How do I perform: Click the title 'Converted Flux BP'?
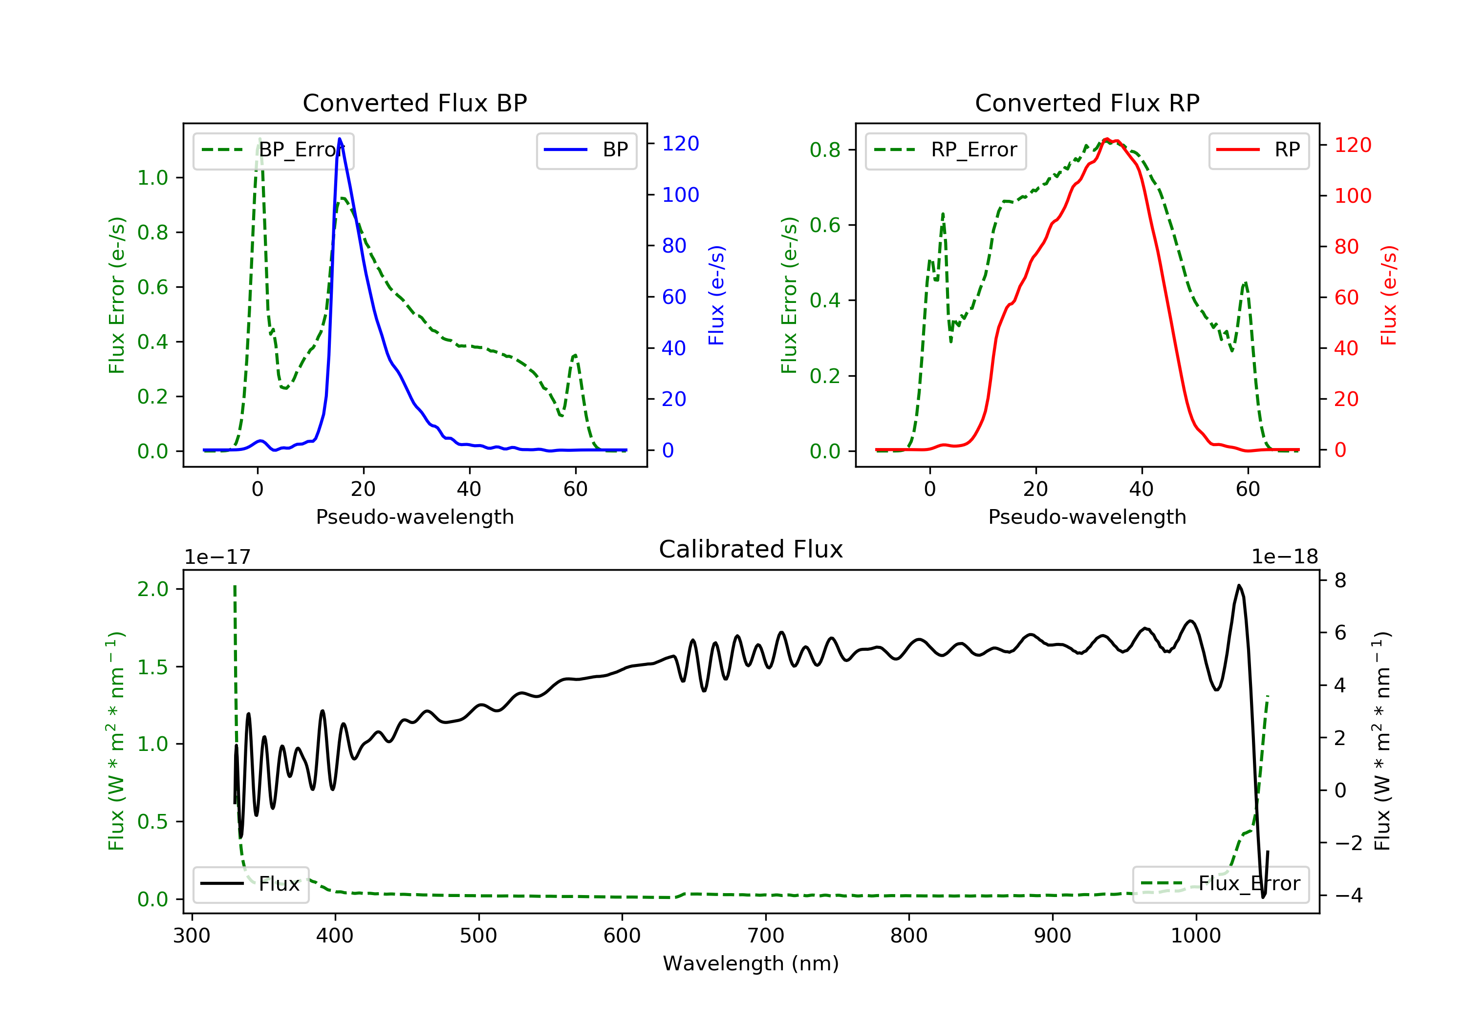click(414, 103)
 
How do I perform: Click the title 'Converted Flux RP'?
click(1087, 103)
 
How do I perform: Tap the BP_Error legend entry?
click(273, 150)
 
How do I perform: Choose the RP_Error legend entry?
click(945, 150)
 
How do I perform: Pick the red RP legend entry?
click(1258, 150)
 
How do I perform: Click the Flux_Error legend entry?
click(1220, 884)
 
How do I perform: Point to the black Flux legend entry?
click(251, 884)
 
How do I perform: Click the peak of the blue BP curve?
click(340, 139)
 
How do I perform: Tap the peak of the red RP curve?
click(1106, 139)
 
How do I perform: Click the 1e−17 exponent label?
click(217, 557)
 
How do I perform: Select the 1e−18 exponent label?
click(1284, 557)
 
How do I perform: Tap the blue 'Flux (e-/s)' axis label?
click(716, 295)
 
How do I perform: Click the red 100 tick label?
click(1352, 195)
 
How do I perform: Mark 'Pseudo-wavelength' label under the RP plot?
click(1087, 516)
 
